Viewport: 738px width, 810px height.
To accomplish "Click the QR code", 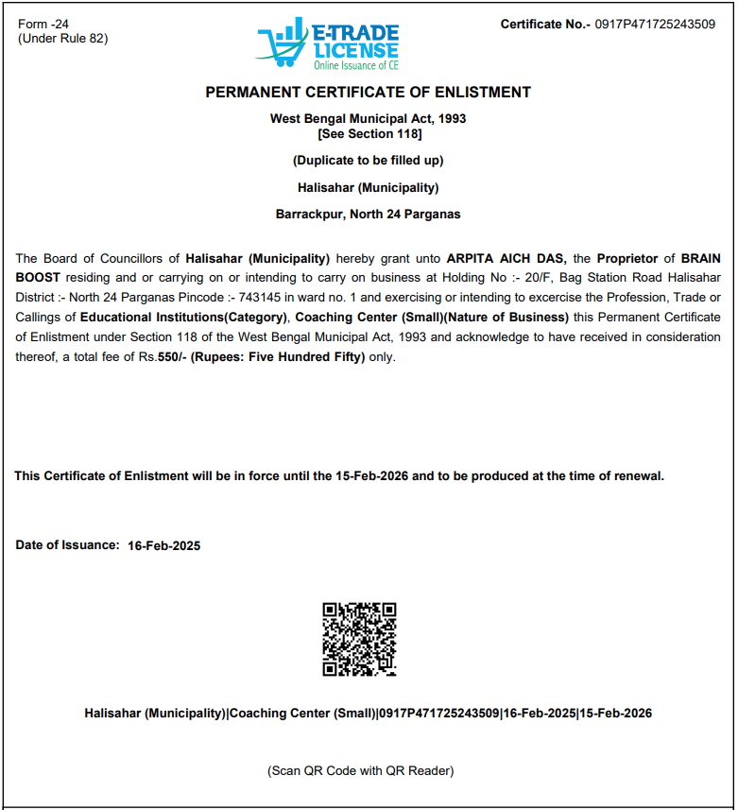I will click(359, 639).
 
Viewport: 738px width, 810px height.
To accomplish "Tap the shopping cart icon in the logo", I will click(283, 43).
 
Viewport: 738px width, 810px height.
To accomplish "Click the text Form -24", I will click(43, 24).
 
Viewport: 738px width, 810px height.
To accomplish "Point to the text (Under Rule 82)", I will click(63, 38).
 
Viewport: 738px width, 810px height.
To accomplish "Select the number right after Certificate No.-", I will click(655, 25).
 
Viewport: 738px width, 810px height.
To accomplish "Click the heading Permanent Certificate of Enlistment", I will click(368, 93).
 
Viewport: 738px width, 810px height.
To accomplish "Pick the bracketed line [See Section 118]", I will click(369, 133).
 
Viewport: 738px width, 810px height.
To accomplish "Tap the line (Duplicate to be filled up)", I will click(369, 160).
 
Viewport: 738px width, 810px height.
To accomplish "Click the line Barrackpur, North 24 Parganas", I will click(369, 215).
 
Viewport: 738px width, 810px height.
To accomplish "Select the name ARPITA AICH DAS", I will click(506, 258).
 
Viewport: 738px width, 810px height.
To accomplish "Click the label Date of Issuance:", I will click(67, 545).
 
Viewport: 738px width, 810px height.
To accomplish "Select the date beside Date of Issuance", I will click(163, 546).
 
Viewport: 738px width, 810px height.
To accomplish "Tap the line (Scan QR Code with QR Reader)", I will click(360, 771).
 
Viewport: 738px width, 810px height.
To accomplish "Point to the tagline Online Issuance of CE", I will click(357, 65).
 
